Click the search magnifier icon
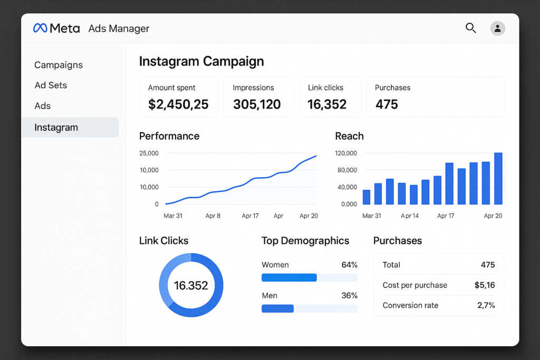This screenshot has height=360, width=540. [470, 28]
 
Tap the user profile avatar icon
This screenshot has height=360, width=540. [497, 28]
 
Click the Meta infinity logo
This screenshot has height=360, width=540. [40, 28]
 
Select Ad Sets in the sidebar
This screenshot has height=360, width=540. [51, 85]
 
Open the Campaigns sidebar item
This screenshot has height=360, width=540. [59, 65]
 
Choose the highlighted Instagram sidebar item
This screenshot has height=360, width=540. [56, 128]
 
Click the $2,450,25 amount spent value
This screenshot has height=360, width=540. [178, 104]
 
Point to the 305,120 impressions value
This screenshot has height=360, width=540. [257, 104]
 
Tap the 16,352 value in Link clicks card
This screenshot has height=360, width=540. [327, 104]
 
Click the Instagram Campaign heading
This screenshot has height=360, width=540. [201, 61]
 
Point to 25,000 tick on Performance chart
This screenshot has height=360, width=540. [149, 153]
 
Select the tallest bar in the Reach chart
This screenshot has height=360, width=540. [498, 179]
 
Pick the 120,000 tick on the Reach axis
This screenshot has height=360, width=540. [346, 153]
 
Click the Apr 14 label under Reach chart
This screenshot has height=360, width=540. [410, 216]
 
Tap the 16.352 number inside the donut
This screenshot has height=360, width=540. [191, 285]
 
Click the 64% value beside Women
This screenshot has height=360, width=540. [349, 265]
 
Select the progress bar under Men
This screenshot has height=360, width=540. [309, 308]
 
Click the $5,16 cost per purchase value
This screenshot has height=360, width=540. [484, 285]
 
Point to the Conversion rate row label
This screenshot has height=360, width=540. [410, 305]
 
